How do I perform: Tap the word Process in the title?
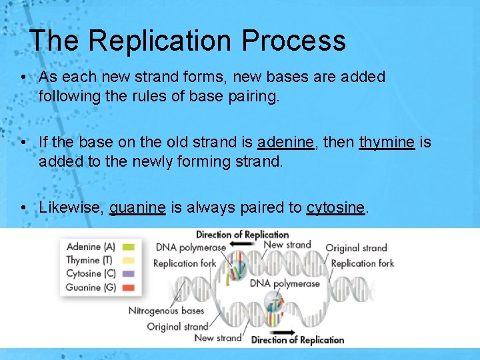click(x=294, y=41)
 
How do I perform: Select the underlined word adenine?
click(x=285, y=142)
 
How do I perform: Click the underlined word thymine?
click(x=387, y=142)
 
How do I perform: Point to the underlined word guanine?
click(x=137, y=207)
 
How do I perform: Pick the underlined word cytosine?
click(x=335, y=207)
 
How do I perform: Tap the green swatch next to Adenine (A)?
click(x=129, y=247)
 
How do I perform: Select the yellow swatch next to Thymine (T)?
click(x=129, y=261)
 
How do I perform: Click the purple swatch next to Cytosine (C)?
click(x=129, y=274)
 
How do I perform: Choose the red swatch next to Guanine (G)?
click(x=129, y=287)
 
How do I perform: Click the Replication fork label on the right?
click(x=362, y=263)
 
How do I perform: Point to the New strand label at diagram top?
click(x=287, y=245)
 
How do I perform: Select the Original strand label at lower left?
click(x=177, y=326)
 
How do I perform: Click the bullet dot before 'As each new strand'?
click(x=23, y=77)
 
